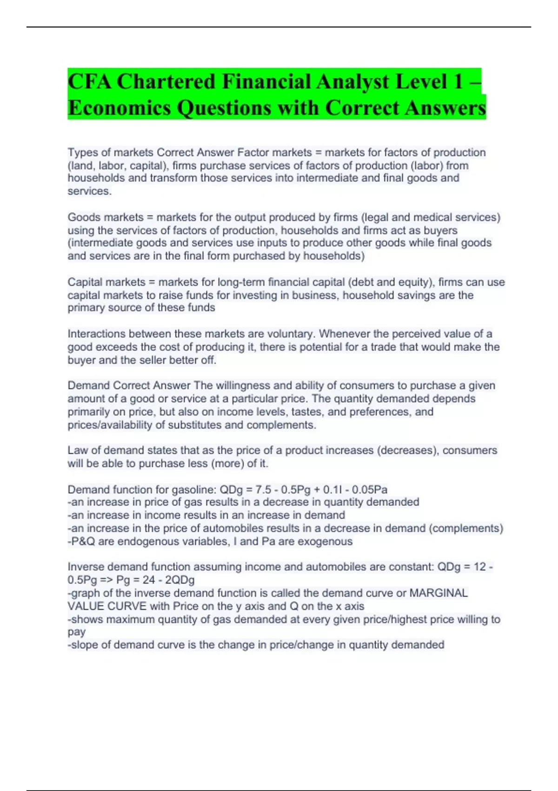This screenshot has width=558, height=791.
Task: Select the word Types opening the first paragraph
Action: click(x=80, y=153)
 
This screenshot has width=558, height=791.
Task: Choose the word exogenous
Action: click(x=325, y=542)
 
